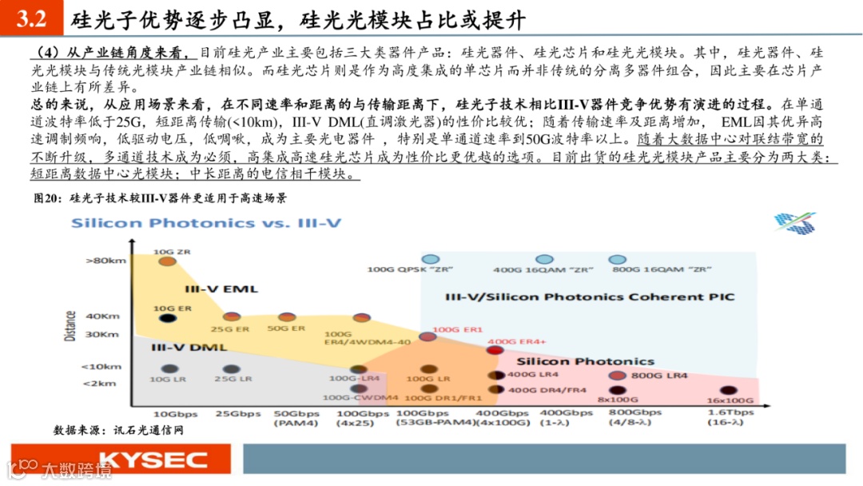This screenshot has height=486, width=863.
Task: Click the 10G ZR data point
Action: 166,261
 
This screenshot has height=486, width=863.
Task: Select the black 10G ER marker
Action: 166,318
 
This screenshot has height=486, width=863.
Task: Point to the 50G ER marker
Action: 286,318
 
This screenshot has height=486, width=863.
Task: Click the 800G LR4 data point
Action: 617,376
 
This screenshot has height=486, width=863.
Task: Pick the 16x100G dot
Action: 725,390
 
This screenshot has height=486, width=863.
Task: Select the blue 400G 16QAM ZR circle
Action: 544,260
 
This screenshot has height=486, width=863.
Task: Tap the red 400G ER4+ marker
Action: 495,350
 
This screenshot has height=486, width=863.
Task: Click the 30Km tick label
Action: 103,334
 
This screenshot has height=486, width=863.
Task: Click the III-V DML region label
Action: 186,348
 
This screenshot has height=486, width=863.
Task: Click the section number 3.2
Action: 30,18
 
